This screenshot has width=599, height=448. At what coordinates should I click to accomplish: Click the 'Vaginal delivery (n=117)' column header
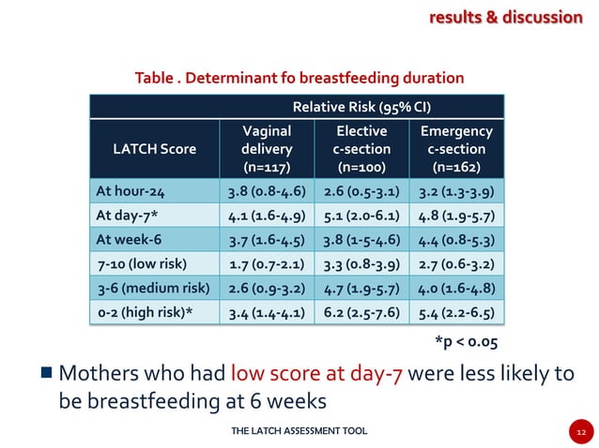tap(266, 149)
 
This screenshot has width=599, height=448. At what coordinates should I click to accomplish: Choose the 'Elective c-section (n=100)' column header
tap(361, 149)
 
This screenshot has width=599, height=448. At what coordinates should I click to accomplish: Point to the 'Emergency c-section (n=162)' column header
tap(456, 149)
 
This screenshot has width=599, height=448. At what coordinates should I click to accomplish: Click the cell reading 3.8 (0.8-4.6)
tap(266, 193)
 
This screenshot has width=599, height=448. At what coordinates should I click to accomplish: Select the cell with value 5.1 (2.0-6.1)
tap(361, 217)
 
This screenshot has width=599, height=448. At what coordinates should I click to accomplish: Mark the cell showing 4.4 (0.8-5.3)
tap(456, 240)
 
